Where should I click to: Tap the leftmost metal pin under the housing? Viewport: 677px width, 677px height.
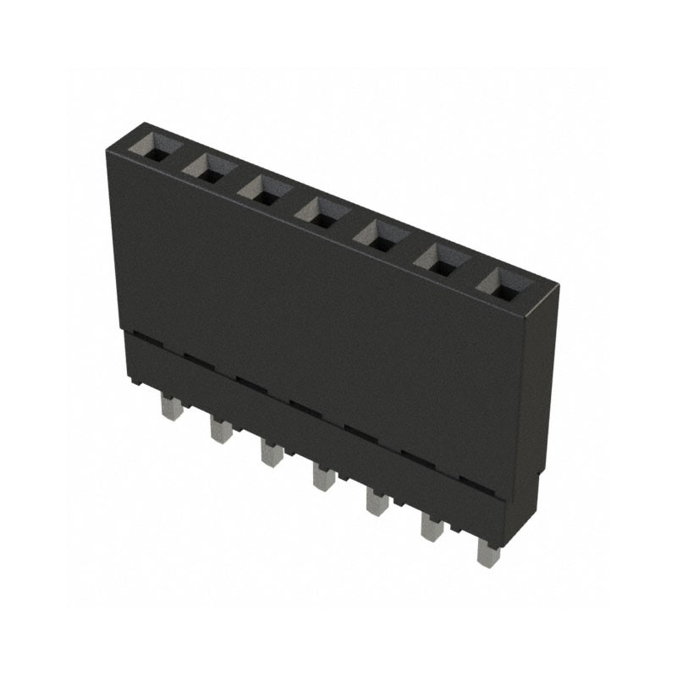pyautogui.click(x=168, y=410)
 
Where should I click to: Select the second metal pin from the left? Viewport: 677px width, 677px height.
pyautogui.click(x=220, y=430)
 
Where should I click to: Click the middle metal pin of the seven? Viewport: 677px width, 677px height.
pyautogui.click(x=322, y=476)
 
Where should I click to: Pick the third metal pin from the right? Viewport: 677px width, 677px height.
pyautogui.click(x=377, y=501)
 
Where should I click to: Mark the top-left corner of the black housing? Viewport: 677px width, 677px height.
pyautogui.click(x=108, y=150)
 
